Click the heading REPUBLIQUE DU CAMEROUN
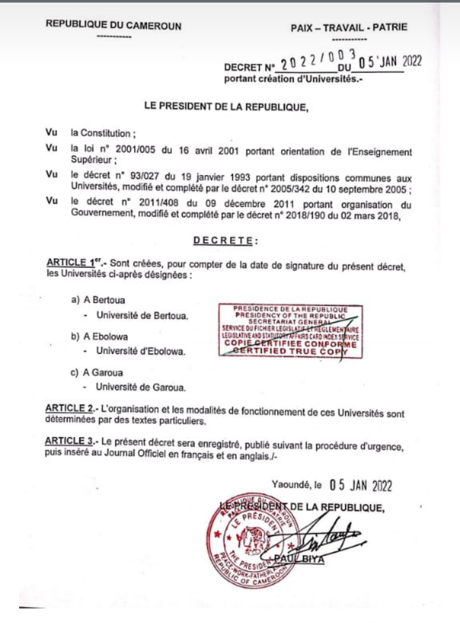pyautogui.click(x=113, y=26)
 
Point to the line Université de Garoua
pyautogui.click(x=141, y=387)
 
